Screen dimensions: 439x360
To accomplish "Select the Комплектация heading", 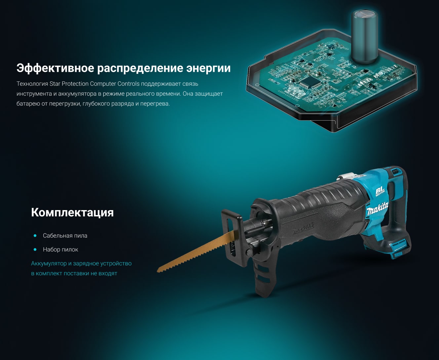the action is click(72, 213).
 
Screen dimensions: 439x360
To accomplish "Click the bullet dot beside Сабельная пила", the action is click(35, 236).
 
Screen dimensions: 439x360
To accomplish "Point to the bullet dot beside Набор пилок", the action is click(35, 249).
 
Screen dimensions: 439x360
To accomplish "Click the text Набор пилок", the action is click(60, 249).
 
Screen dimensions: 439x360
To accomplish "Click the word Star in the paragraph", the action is click(55, 83).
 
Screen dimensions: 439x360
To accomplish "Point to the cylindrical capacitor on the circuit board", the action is click(365, 36).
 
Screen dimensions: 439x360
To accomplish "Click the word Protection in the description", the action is click(75, 83).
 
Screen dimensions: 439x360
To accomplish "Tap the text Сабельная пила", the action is click(65, 236).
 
